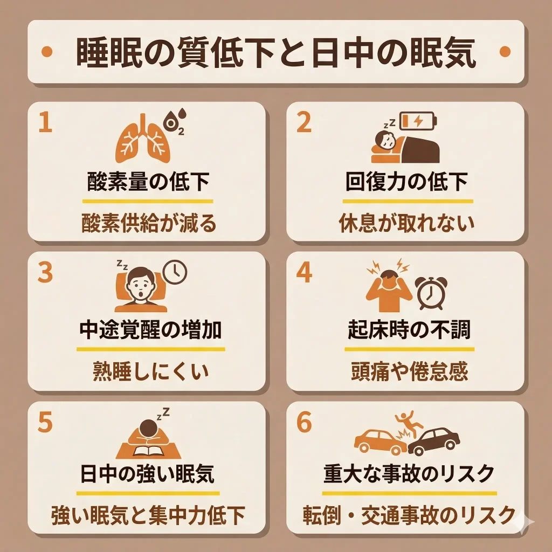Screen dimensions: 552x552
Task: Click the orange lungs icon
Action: tap(143, 139)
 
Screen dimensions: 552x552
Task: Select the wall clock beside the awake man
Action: tap(175, 272)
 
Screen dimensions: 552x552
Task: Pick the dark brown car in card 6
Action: tap(434, 442)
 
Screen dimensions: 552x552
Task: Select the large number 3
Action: tap(46, 273)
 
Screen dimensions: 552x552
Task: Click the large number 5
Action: tap(46, 423)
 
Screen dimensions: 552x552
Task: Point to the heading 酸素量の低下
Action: tap(148, 182)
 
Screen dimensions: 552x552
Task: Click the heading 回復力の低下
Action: tap(406, 182)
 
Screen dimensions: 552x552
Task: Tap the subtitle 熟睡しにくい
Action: tap(148, 371)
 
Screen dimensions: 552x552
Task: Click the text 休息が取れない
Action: tap(406, 222)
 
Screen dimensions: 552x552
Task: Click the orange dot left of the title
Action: tap(47, 52)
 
